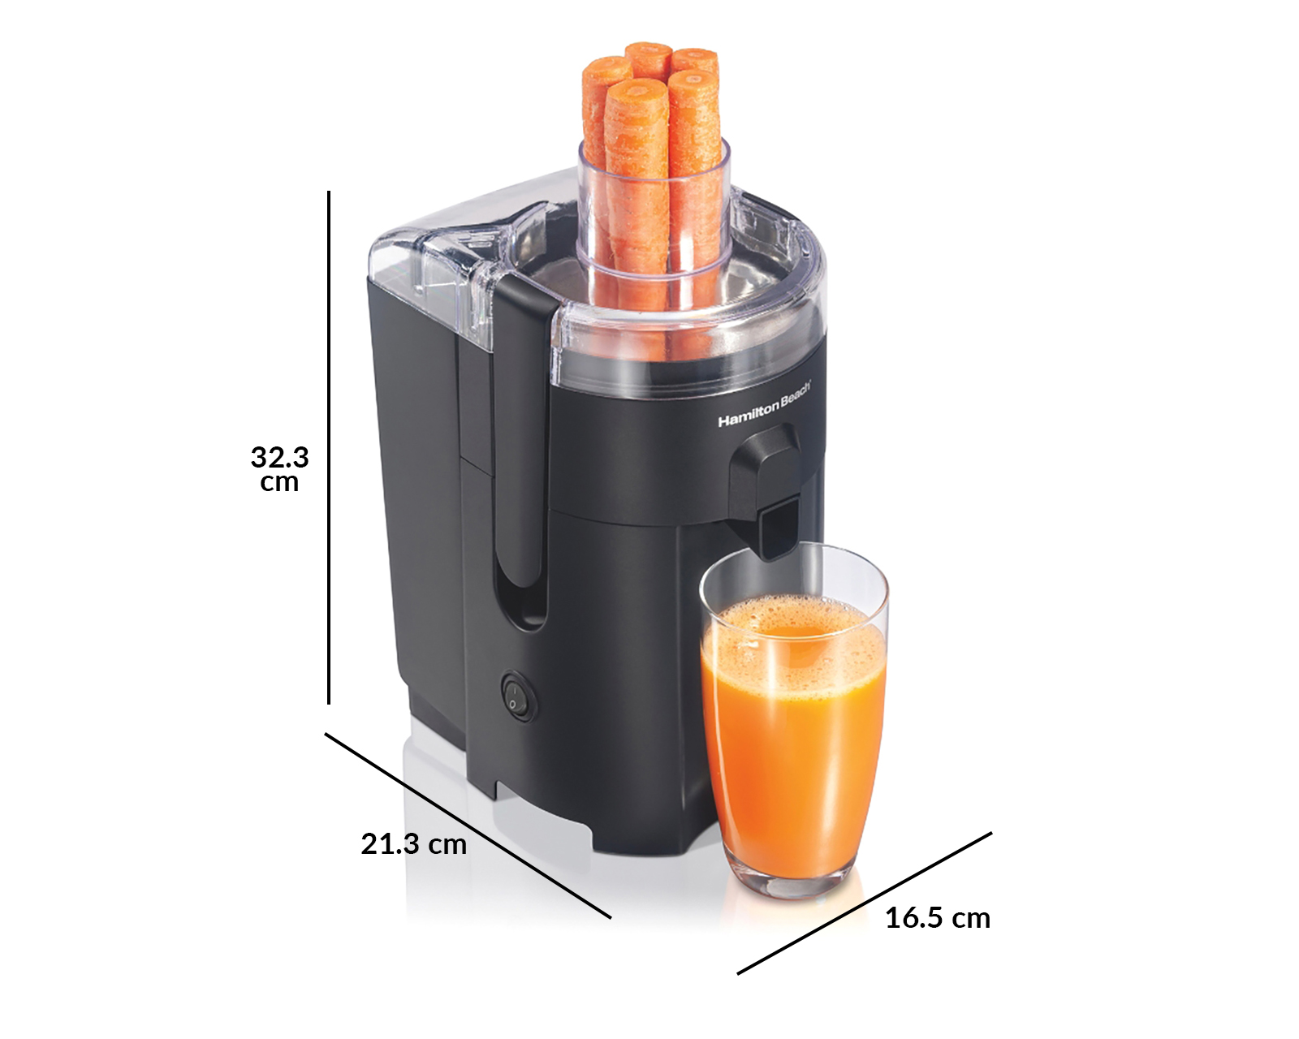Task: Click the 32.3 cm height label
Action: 279,468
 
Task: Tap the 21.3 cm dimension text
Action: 413,844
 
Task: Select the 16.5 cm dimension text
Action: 938,918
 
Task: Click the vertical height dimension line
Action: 329,446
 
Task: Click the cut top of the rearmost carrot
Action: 647,50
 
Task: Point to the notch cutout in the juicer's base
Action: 536,804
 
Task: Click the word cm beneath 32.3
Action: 279,483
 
